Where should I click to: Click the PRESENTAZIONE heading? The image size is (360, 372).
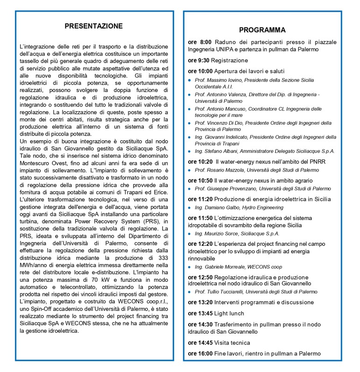coord(94,26)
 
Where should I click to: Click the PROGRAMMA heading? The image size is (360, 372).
coord(262,30)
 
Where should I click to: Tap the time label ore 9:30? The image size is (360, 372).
coord(198,60)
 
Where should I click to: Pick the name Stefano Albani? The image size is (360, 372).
coord(221,151)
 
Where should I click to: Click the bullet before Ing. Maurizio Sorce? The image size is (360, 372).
coord(190,233)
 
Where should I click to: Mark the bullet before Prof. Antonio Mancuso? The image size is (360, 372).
coord(190,109)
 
